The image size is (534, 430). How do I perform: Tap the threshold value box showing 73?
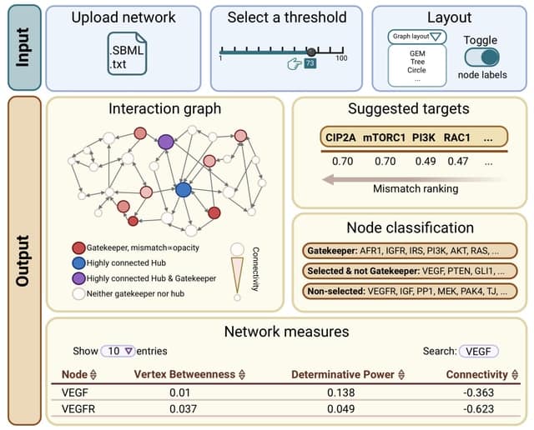pos(310,63)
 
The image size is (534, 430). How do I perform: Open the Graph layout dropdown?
pos(417,37)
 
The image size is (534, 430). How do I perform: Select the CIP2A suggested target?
pos(342,137)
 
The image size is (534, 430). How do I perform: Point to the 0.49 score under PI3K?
pos(426,161)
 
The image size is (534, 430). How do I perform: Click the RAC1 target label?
pos(456,137)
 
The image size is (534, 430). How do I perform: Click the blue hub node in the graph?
pos(184,189)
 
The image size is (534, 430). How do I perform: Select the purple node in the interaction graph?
pos(165,142)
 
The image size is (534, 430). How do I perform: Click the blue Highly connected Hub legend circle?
pos(78,262)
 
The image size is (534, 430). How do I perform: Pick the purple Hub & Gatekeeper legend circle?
pos(78,277)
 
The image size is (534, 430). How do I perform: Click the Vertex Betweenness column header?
pos(189,374)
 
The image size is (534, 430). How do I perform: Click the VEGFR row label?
pos(79,408)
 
